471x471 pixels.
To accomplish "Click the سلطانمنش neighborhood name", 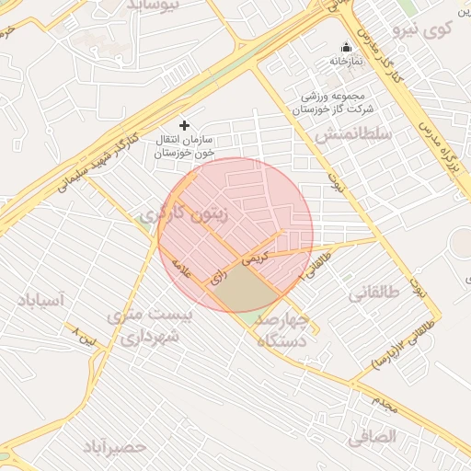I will coord(352,135).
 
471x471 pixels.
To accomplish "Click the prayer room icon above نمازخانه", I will coord(347,47).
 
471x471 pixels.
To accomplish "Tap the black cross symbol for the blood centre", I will coord(184,124).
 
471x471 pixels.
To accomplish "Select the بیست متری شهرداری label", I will coord(150,326).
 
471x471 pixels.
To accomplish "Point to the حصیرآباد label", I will coord(115,447).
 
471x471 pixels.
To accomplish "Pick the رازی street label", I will coord(220,275).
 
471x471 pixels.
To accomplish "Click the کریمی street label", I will coord(255,257).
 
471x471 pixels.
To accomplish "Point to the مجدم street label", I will coord(385,400).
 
